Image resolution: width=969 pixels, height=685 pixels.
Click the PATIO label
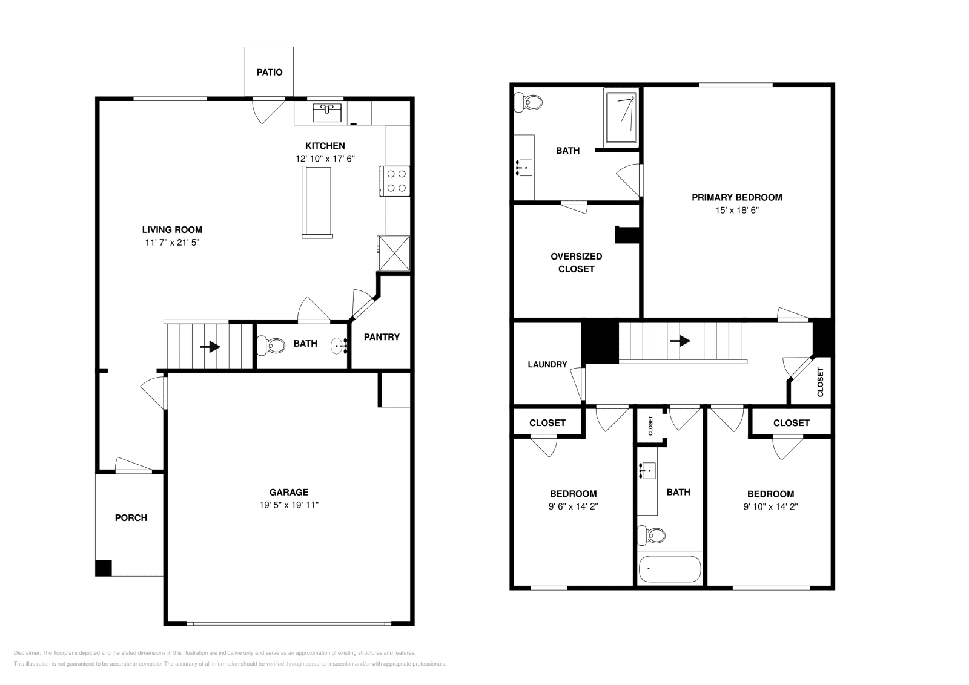point(270,72)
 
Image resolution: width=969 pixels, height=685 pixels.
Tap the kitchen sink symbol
point(327,113)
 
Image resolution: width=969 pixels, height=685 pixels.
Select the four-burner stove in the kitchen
point(396,181)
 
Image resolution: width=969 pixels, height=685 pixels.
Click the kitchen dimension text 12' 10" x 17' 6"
point(325,159)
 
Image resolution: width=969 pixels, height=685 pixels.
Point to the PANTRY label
point(382,337)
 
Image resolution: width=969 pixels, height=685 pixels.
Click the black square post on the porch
point(104,568)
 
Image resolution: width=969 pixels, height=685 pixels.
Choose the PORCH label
point(131,517)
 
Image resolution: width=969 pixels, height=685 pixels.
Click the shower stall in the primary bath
point(620,116)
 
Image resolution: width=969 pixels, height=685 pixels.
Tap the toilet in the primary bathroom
point(527,103)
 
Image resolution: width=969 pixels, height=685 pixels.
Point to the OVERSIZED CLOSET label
point(576,263)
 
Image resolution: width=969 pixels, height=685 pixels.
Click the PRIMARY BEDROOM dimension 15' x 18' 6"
point(736,210)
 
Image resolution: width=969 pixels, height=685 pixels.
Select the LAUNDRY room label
point(547,364)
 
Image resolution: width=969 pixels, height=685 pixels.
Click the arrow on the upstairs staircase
point(681,341)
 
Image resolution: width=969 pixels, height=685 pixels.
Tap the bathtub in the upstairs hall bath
point(669,569)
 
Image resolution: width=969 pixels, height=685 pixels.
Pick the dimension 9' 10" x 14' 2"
point(770,506)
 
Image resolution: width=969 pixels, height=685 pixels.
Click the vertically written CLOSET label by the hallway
point(821,382)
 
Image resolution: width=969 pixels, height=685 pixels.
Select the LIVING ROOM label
point(172,229)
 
